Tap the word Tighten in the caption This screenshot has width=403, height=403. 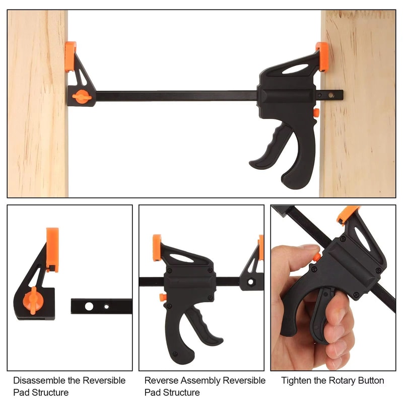(x=297, y=380)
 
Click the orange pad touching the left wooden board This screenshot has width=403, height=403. (x=70, y=56)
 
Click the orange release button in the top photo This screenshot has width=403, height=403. (x=316, y=112)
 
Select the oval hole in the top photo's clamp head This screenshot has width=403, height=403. (x=295, y=69)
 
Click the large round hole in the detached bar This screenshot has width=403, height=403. (x=89, y=306)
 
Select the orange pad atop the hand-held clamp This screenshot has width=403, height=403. (x=348, y=214)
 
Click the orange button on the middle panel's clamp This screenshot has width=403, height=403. (x=163, y=297)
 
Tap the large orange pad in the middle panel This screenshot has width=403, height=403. (x=157, y=247)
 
